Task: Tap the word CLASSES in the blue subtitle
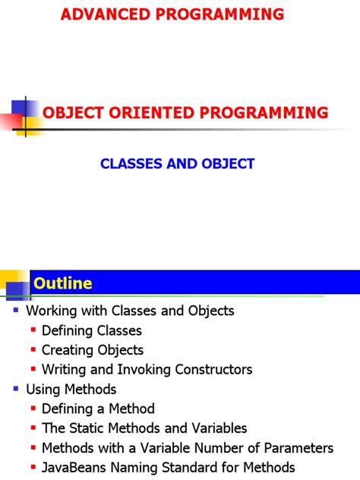tap(132, 163)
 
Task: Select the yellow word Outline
tap(62, 283)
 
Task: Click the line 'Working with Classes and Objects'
tap(130, 311)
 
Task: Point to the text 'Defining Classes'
tap(92, 330)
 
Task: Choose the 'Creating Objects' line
tap(93, 350)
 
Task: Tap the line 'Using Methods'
tap(71, 390)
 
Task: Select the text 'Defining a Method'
tap(98, 409)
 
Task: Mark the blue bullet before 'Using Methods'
tap(17, 390)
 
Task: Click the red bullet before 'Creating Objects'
tap(33, 351)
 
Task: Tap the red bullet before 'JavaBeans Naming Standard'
tap(33, 468)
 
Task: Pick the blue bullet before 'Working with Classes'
tap(17, 311)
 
